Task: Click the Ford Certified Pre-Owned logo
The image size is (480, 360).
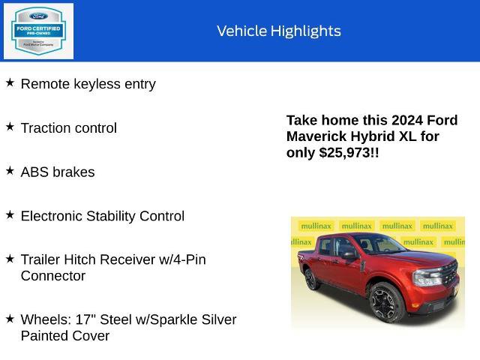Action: [x=38, y=31]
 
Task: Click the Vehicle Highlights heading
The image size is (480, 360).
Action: [x=278, y=31]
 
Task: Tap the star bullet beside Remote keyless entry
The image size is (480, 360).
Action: [x=10, y=82]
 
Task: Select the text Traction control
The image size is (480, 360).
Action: [x=68, y=128]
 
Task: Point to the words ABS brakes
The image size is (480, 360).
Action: [x=58, y=172]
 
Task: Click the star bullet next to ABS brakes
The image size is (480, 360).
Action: [x=10, y=170]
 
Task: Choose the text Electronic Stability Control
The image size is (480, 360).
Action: [x=102, y=216]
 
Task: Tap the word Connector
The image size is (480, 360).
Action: [x=53, y=276]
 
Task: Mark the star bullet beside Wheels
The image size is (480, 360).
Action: [x=10, y=319]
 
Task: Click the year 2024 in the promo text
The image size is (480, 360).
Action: [x=406, y=121]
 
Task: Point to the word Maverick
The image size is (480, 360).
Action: [x=318, y=136]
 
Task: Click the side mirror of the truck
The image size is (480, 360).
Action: [x=349, y=256]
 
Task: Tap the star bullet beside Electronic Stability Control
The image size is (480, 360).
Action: [x=10, y=214]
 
